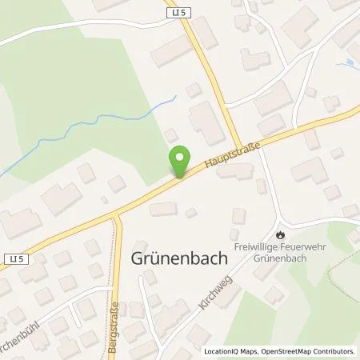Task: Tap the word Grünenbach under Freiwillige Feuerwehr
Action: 279,258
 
